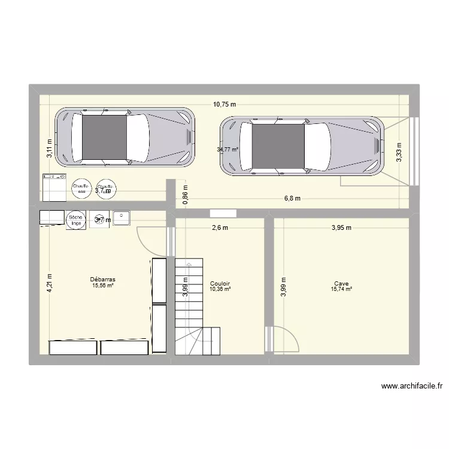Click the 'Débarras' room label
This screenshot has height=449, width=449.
[x=103, y=280]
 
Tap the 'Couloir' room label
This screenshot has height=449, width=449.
[x=220, y=284]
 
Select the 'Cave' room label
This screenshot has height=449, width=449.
[x=341, y=284]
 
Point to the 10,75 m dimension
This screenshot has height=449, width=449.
[x=224, y=104]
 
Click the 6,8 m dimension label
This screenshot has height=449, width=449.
[x=292, y=199]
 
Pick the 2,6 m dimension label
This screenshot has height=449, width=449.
[x=220, y=227]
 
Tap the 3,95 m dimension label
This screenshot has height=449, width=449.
[x=341, y=227]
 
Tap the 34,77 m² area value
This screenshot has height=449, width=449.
[x=228, y=150]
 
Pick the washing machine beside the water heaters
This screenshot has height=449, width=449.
[x=54, y=187]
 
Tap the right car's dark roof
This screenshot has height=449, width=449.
[x=278, y=146]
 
